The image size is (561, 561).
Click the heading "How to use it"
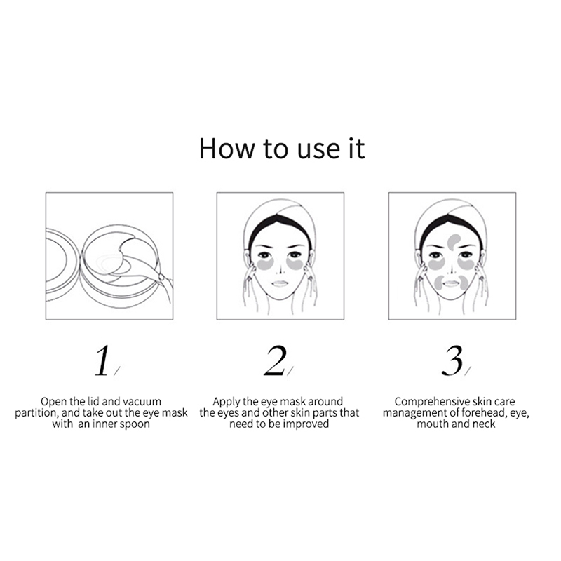click(282, 148)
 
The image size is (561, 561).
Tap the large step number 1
click(102, 360)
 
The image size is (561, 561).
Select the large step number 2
click(275, 360)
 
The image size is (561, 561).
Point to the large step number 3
click(452, 360)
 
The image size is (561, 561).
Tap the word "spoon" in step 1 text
click(135, 424)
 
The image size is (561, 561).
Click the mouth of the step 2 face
click(280, 283)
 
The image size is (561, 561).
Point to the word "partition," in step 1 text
click(36, 413)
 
